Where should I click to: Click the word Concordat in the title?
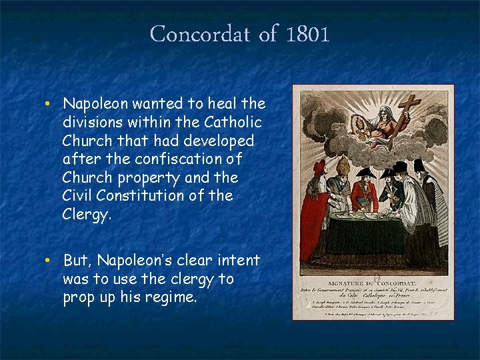coord(199,34)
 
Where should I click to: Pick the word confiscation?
coord(189,159)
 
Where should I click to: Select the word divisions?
coord(93,123)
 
